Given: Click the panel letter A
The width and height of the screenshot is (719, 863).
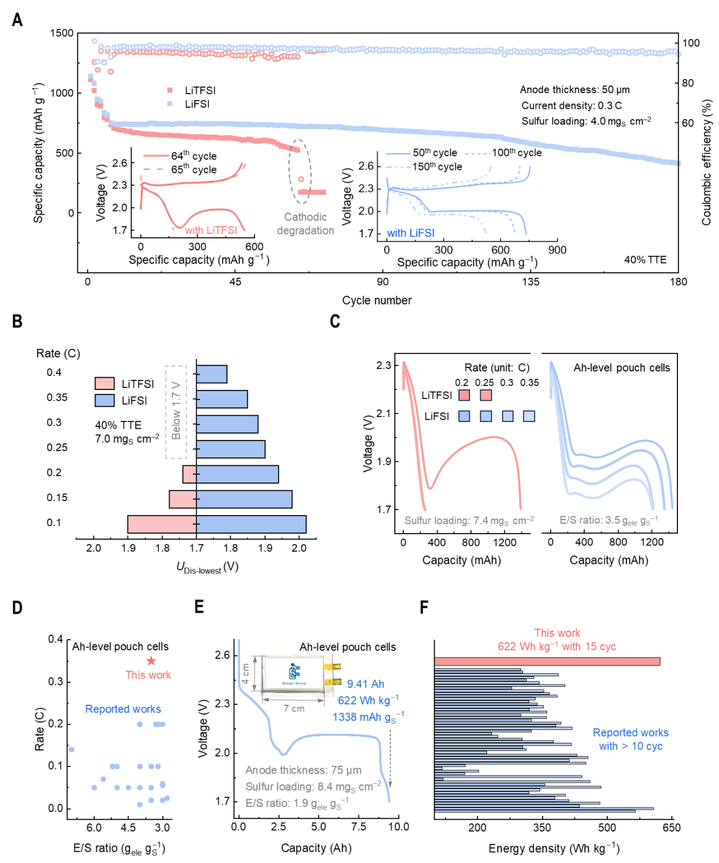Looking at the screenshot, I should point(17,20).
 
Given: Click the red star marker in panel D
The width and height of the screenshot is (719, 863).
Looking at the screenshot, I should point(151,661).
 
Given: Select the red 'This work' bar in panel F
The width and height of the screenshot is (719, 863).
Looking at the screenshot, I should point(547,662).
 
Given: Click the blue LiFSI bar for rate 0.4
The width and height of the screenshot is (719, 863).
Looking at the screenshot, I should point(212,374).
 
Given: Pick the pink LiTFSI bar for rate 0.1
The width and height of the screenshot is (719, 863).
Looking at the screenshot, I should point(162,524).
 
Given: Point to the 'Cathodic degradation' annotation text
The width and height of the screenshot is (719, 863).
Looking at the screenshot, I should point(306,224).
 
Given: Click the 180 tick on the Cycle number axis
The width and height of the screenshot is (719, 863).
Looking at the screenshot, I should point(679,282).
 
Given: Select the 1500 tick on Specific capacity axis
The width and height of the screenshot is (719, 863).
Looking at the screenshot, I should point(62,33).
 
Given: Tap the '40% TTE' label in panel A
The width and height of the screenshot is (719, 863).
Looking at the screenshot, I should point(645,260).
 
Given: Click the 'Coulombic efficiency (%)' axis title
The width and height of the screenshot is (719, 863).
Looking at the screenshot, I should point(707,163).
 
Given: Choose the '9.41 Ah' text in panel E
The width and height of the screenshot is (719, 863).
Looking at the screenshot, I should point(366,684).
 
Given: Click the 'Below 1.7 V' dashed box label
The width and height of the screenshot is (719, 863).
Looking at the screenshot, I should point(176,411).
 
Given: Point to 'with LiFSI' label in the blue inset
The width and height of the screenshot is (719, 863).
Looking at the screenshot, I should point(411,233).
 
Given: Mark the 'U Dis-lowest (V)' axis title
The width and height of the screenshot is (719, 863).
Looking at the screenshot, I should point(207,567).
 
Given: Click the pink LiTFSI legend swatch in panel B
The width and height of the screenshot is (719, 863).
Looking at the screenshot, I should point(104,384).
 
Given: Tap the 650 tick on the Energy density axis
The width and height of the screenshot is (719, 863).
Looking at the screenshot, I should point(671,828).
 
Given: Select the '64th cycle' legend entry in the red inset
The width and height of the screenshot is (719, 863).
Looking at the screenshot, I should point(194,156).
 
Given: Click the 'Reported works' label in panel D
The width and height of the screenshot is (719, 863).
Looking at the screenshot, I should point(123,709).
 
